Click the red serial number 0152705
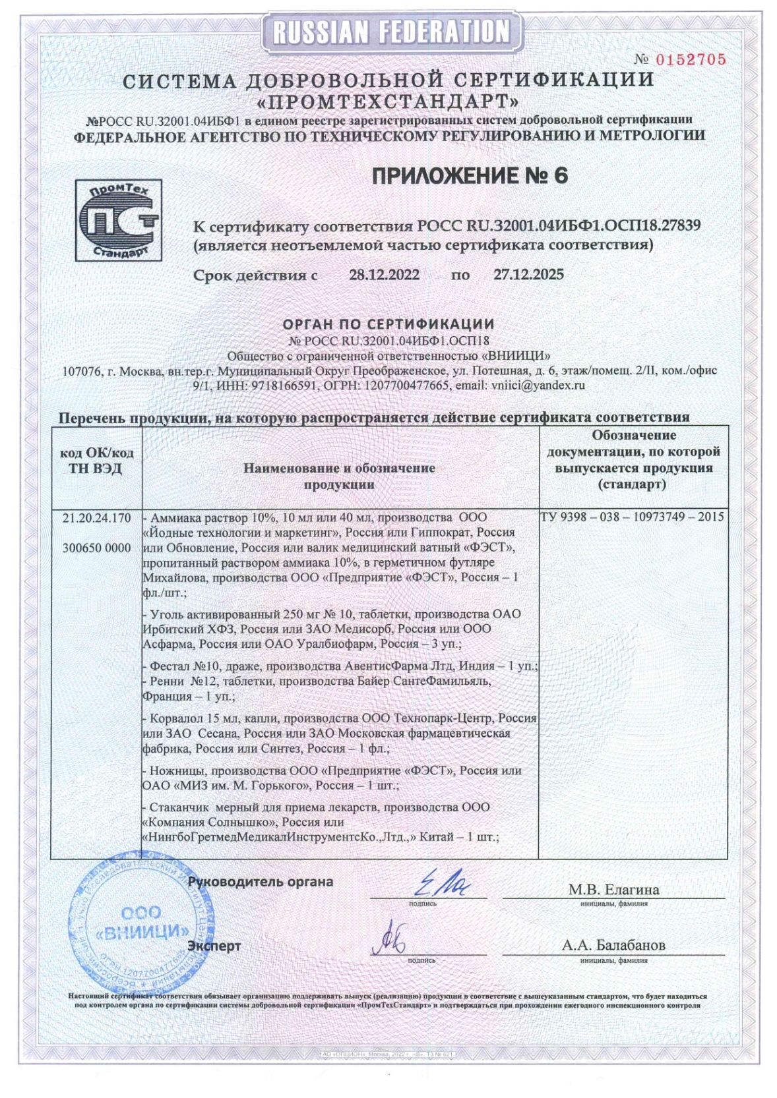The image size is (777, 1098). [x=690, y=60]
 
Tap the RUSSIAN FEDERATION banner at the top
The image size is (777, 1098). [x=391, y=31]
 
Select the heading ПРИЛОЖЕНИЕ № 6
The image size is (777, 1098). [x=470, y=176]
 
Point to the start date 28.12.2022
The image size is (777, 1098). [x=384, y=274]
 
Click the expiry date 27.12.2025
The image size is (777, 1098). [x=528, y=274]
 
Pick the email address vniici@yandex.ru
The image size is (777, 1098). [x=538, y=386]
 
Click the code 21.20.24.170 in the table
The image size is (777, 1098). [x=97, y=518]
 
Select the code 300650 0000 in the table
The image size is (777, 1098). [x=97, y=548]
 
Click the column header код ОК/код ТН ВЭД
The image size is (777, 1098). [x=97, y=461]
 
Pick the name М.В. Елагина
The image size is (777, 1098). [x=613, y=890]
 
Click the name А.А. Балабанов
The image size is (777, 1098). [x=613, y=945]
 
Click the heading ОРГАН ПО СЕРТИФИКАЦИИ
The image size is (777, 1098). [x=388, y=324]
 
